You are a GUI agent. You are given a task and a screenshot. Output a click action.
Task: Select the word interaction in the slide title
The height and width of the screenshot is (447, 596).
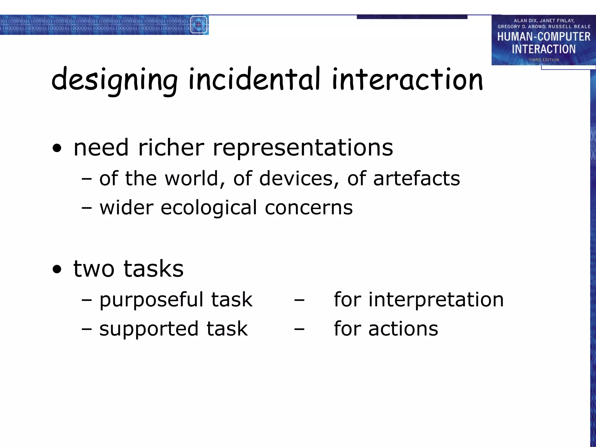click(407, 79)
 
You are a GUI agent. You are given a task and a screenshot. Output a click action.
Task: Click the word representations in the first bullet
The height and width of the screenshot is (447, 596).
click(303, 148)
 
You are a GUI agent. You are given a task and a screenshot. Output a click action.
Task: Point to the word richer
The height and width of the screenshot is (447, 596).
click(171, 148)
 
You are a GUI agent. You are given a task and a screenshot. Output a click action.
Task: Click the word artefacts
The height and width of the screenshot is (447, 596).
click(416, 178)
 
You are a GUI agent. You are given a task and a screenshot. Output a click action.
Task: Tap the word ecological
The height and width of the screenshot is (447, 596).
click(208, 208)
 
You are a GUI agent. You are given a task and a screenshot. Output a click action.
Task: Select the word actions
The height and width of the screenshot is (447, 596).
click(403, 329)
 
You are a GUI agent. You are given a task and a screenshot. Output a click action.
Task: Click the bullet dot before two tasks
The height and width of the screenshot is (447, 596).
click(57, 270)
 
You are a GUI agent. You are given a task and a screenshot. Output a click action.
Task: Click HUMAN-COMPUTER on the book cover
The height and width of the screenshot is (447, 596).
click(544, 37)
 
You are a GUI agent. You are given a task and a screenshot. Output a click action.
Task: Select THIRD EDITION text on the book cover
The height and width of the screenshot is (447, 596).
click(544, 60)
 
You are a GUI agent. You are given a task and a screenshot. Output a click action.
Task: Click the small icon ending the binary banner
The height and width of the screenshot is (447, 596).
click(199, 25)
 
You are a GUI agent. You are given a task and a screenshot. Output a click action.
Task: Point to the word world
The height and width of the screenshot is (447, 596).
click(191, 178)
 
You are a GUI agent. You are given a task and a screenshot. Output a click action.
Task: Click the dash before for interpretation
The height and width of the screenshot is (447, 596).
click(299, 300)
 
